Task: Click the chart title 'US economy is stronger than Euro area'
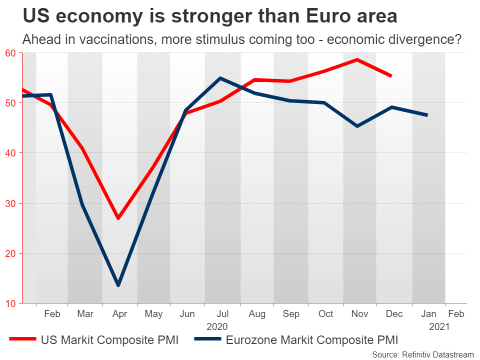pyautogui.click(x=210, y=16)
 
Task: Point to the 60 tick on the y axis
pyautogui.click(x=10, y=53)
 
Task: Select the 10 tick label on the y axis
pyautogui.click(x=10, y=303)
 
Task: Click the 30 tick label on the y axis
pyautogui.click(x=10, y=203)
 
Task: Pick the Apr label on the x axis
pyautogui.click(x=119, y=314)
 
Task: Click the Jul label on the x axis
pyautogui.click(x=222, y=314)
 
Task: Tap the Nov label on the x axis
pyautogui.click(x=360, y=314)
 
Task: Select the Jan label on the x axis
pyautogui.click(x=428, y=314)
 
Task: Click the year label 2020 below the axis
pyautogui.click(x=217, y=326)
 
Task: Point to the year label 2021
pyautogui.click(x=439, y=326)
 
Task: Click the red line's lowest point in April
pyautogui.click(x=118, y=218)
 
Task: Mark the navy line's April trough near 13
pyautogui.click(x=118, y=285)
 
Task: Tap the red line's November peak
pyautogui.click(x=357, y=59)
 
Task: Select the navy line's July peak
pyautogui.click(x=220, y=78)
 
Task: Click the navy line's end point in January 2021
pyautogui.click(x=427, y=115)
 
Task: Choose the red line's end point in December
pyautogui.click(x=391, y=76)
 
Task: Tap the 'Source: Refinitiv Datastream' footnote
pyautogui.click(x=423, y=354)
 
